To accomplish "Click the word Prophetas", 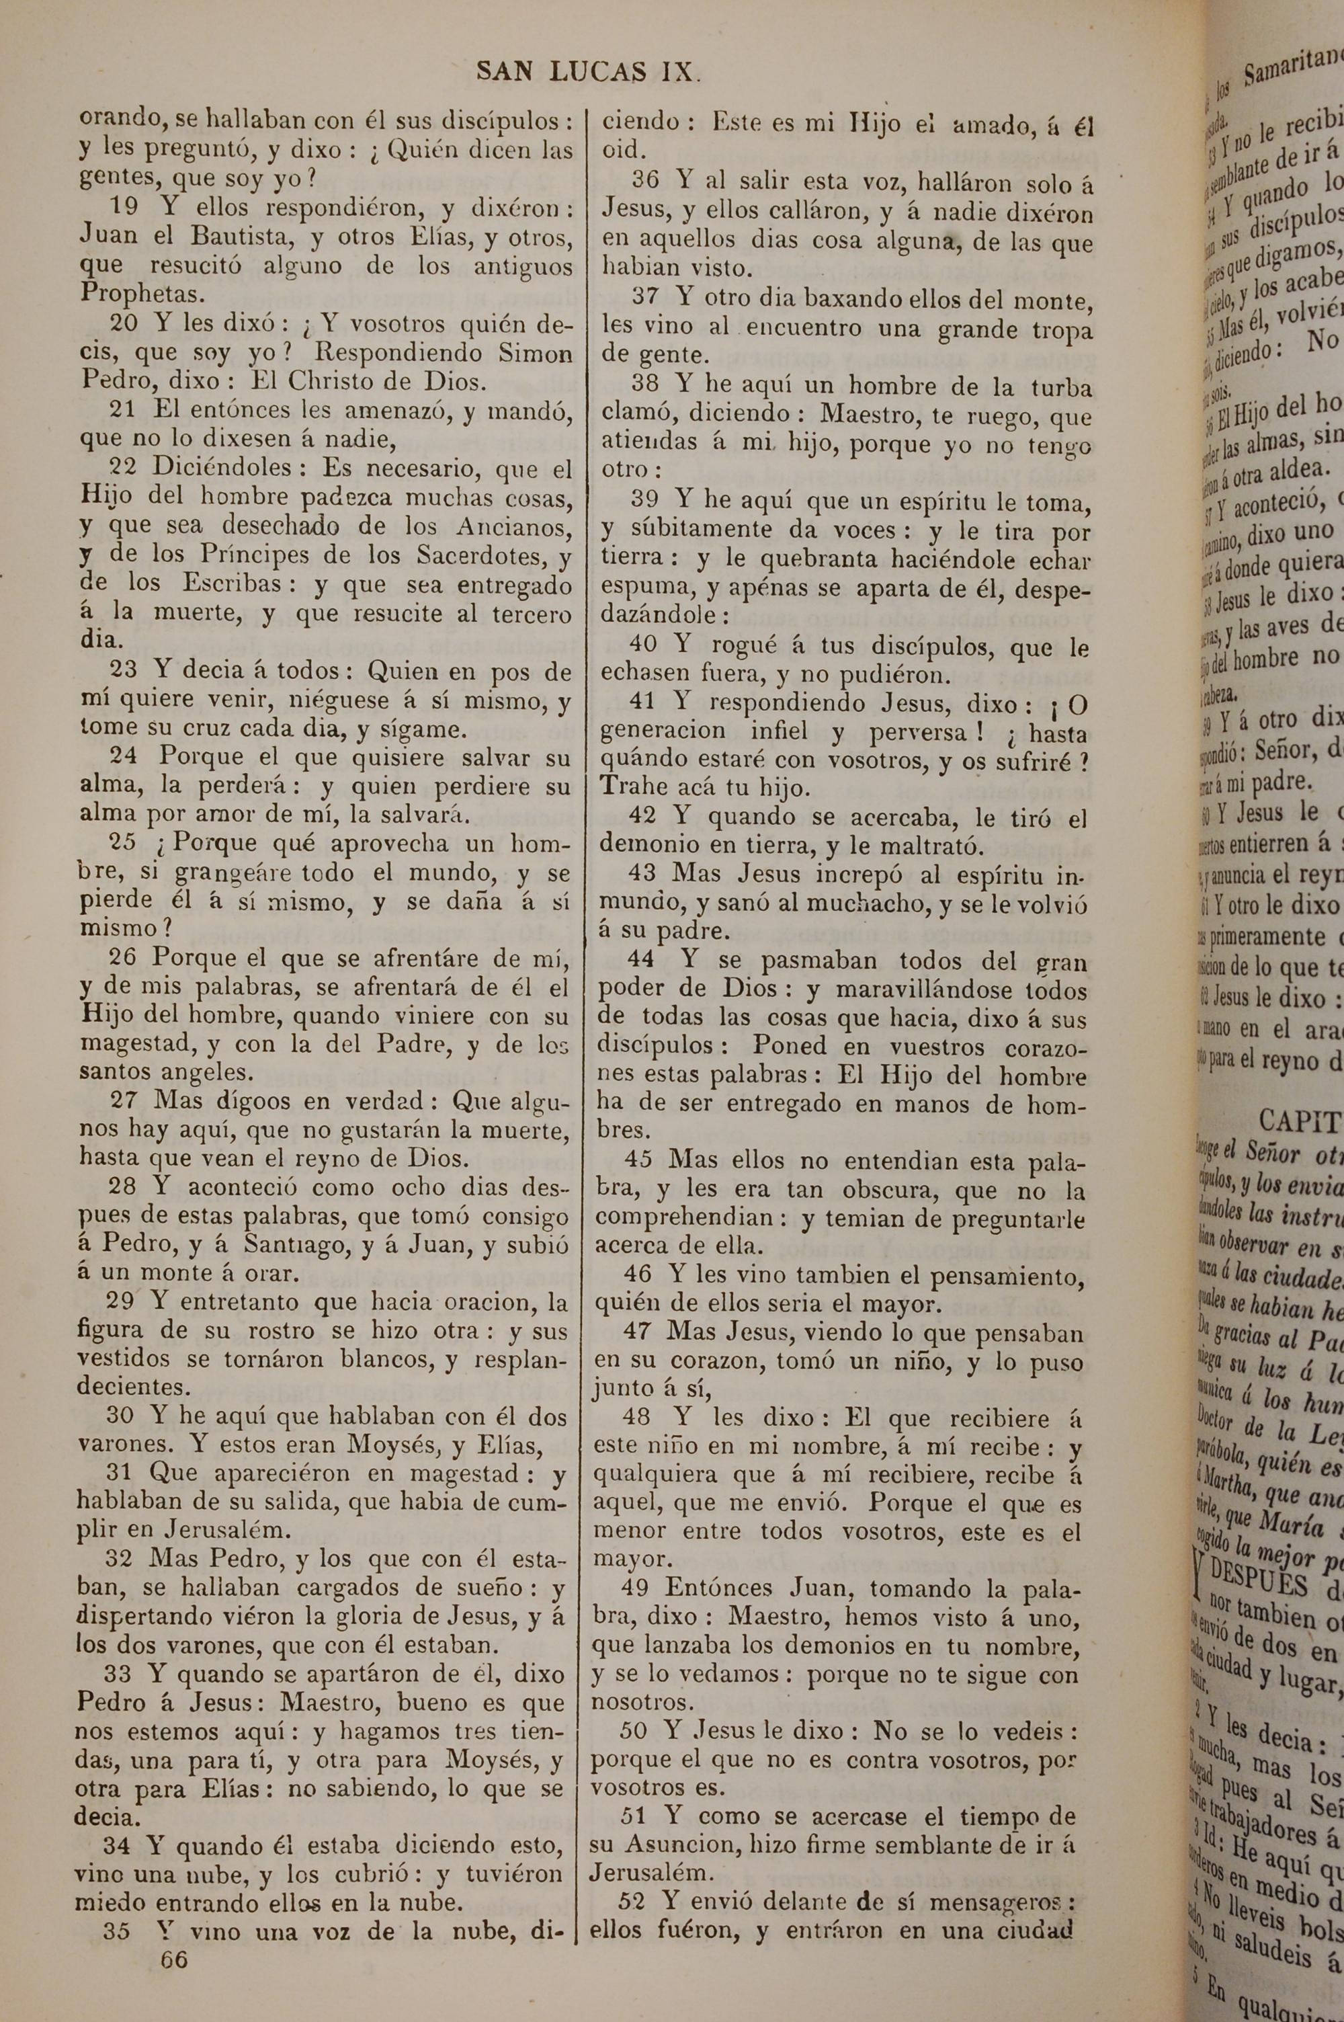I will (x=142, y=294).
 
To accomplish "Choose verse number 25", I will (x=122, y=842).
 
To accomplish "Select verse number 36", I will (x=644, y=181).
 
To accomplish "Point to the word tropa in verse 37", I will (x=1056, y=331).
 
